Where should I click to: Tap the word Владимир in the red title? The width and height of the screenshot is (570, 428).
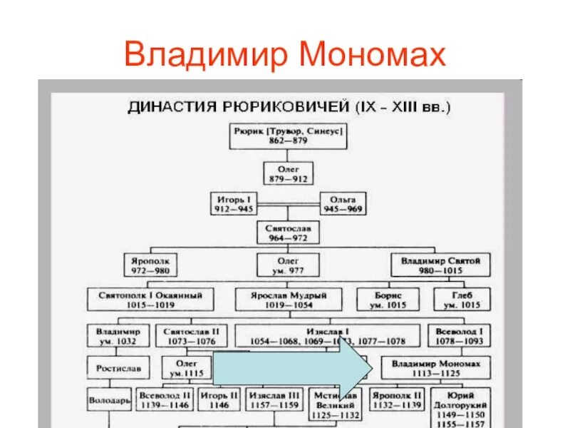[x=204, y=54]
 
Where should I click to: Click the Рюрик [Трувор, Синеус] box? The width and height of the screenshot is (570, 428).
[x=289, y=136]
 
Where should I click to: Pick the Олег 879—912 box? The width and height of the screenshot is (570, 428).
[x=288, y=173]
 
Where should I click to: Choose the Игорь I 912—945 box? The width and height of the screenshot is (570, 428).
[x=233, y=204]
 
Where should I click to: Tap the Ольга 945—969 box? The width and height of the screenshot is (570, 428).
[x=343, y=204]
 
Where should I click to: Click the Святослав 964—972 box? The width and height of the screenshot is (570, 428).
[x=288, y=231]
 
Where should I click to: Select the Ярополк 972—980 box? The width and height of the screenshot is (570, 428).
[x=150, y=265]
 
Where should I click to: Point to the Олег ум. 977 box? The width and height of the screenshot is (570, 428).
[x=288, y=265]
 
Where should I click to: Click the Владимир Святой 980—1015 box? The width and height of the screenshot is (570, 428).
[x=440, y=265]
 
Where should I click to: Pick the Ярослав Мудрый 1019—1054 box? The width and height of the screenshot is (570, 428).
[x=288, y=299]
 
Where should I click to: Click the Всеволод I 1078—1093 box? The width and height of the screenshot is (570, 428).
[x=460, y=335]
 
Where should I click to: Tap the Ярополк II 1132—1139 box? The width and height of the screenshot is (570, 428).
[x=398, y=399]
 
